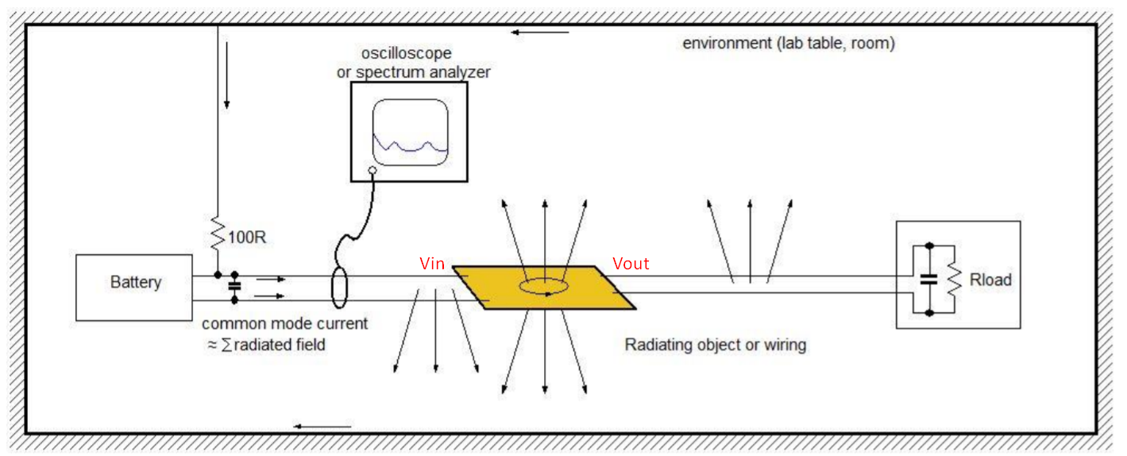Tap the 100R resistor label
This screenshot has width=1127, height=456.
[x=247, y=237]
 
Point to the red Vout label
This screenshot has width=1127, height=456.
[x=631, y=264]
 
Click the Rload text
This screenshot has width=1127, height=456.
[x=990, y=280]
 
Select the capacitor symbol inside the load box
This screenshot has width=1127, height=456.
[x=928, y=279]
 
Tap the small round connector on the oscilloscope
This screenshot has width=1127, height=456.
[x=372, y=171]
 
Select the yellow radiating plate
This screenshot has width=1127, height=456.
[x=544, y=288]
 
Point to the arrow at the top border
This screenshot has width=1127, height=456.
[x=540, y=33]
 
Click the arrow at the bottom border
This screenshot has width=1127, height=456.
[x=322, y=427]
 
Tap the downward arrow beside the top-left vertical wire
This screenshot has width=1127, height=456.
[x=226, y=75]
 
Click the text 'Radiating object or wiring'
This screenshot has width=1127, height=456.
[x=715, y=345]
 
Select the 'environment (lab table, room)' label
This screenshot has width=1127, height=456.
[x=788, y=44]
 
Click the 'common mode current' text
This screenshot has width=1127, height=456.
[x=284, y=324]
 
